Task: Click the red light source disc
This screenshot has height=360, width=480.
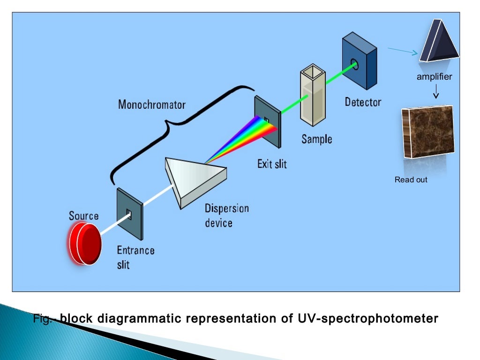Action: (85, 244)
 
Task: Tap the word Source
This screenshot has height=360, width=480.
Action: (84, 216)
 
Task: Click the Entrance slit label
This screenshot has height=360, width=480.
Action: (135, 257)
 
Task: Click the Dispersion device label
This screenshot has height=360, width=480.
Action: (226, 215)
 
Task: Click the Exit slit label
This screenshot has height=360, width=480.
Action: (272, 164)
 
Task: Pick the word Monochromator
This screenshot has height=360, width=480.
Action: (151, 104)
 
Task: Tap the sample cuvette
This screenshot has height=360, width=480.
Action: (313, 96)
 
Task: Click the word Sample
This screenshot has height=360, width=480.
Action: (316, 139)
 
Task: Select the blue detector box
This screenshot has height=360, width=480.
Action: (359, 61)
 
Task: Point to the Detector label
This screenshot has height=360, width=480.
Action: (363, 102)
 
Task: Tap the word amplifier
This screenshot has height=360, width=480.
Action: (435, 77)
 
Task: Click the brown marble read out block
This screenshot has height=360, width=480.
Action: (427, 132)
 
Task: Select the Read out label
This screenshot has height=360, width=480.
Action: (411, 180)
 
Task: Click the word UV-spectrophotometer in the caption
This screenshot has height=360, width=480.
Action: (368, 319)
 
